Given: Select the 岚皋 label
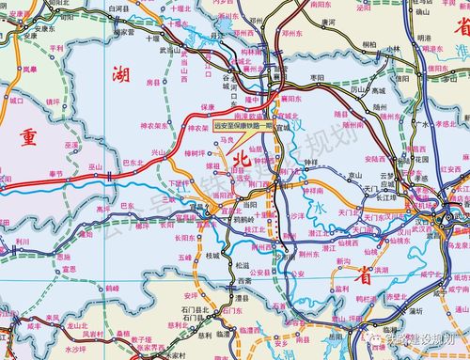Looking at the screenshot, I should pos(30,69).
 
